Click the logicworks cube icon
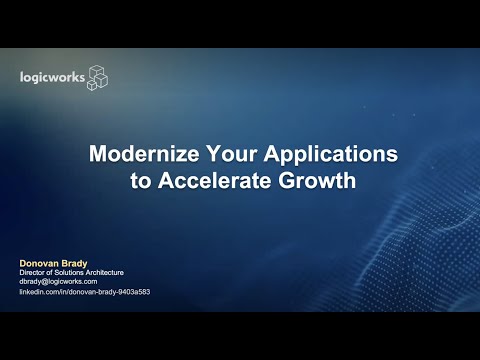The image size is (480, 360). (97, 77)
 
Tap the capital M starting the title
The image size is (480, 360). (98, 156)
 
